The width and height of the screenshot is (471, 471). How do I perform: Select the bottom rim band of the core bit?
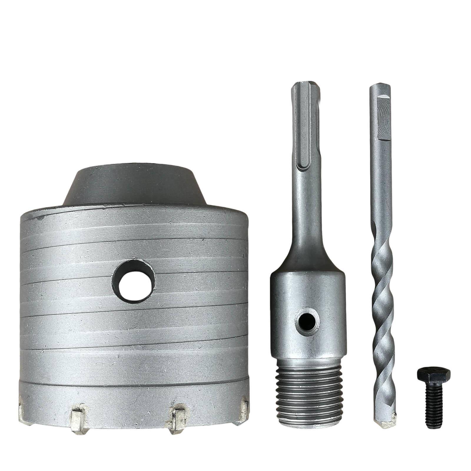[x=132, y=394]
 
